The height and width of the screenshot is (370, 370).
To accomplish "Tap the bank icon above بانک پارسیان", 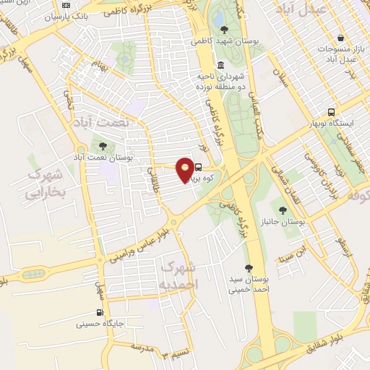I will (x=66, y=6).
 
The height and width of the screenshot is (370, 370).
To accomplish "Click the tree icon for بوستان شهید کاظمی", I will (x=224, y=30).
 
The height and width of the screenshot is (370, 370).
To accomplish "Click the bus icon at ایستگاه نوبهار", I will (x=331, y=112).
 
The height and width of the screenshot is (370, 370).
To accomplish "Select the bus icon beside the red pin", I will (x=199, y=168).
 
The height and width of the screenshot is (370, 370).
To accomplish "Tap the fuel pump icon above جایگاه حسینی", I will (x=100, y=314).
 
